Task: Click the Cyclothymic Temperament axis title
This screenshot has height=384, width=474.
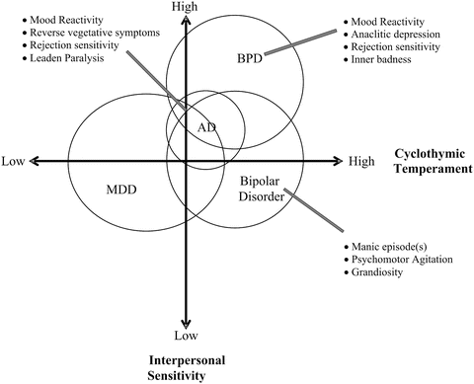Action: (x=429, y=162)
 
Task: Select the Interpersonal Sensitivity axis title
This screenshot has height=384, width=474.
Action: (x=184, y=367)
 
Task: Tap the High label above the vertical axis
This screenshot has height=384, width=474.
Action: (x=185, y=7)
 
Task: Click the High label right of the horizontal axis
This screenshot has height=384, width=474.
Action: (x=361, y=161)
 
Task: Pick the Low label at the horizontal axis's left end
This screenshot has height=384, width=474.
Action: (x=13, y=161)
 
